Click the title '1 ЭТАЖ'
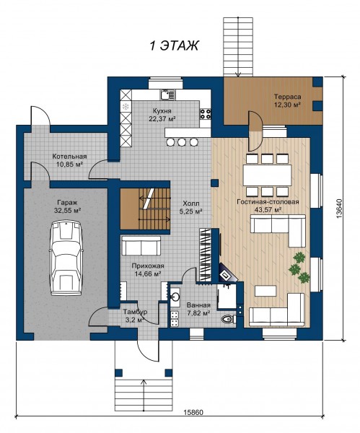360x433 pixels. click(x=174, y=45)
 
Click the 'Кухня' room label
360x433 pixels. click(x=162, y=111)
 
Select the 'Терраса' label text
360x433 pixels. click(x=287, y=97)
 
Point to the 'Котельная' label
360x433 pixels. click(x=69, y=157)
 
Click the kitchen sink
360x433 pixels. click(x=167, y=95)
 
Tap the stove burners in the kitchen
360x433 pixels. click(x=206, y=114)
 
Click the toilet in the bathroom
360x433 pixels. click(x=228, y=319)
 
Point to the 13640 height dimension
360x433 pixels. click(x=339, y=209)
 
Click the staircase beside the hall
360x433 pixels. click(x=145, y=209)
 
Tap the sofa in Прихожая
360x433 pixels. click(x=141, y=245)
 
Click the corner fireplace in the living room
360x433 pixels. click(x=227, y=274)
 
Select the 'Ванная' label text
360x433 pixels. click(x=198, y=305)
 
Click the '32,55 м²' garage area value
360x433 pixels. click(x=68, y=211)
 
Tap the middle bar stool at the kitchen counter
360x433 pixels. click(x=181, y=142)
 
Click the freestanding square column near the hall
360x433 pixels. click(x=214, y=183)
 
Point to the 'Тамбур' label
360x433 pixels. click(x=135, y=312)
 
